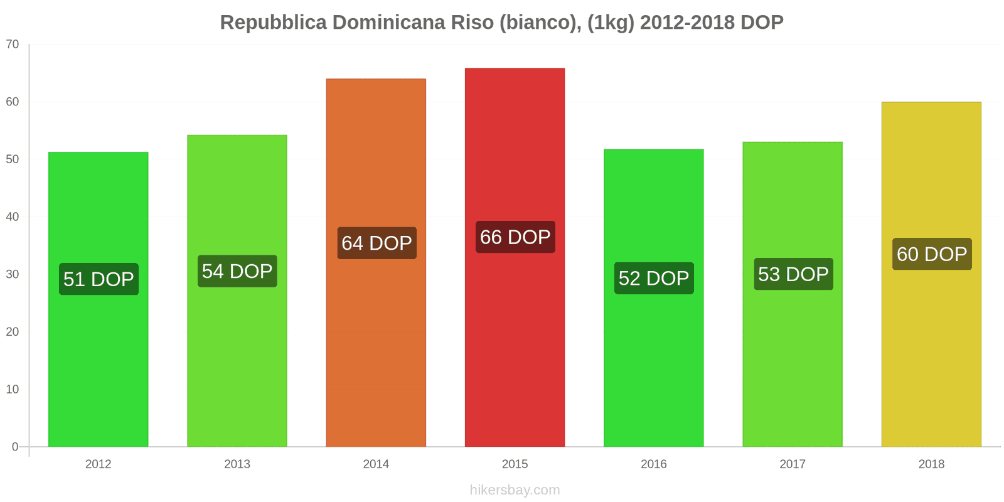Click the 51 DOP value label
(99, 279)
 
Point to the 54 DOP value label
(237, 271)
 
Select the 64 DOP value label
(376, 243)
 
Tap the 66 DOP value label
(515, 237)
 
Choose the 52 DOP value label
(654, 278)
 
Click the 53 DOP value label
(793, 274)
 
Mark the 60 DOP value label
(932, 254)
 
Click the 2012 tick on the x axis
(98, 464)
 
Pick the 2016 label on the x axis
(653, 464)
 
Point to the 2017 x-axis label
(793, 464)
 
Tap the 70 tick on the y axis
(13, 44)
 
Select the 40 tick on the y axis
(13, 216)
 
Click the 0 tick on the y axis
(15, 447)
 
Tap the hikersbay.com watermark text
(515, 489)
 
